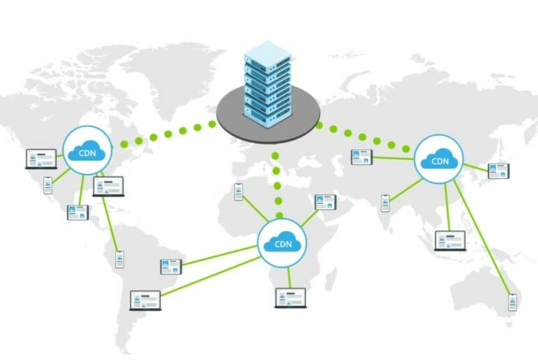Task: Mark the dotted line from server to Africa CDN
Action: coord(277,185)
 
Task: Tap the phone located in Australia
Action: coord(512,301)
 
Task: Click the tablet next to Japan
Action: coord(498,171)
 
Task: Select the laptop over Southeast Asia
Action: coord(448,240)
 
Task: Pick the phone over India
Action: coord(385,203)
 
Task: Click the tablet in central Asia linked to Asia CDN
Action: coord(361,157)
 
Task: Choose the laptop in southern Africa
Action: coord(290,297)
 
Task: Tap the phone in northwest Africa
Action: coord(238,191)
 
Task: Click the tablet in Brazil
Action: coord(170,266)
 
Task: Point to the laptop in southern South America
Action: coord(145,300)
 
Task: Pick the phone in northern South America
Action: coord(119,259)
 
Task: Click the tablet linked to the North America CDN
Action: coord(78,213)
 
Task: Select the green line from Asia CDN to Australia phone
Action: coord(482,238)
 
